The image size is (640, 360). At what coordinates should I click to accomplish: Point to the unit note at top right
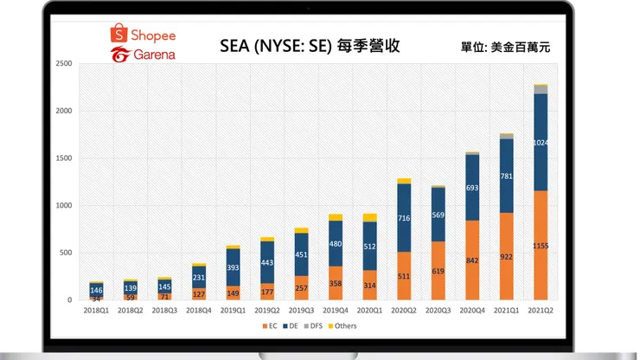coord(504,45)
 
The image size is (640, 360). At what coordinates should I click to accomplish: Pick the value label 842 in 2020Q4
coord(471,260)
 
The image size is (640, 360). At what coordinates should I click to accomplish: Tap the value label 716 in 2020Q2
coord(404,219)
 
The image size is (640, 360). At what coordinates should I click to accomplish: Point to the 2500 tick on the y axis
coord(62,64)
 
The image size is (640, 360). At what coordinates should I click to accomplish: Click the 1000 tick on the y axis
coord(62,205)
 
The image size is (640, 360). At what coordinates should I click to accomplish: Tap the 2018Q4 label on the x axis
coord(200,308)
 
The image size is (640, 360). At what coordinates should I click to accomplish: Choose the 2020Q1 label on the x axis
coord(369,308)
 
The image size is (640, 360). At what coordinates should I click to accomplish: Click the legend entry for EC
coord(271,325)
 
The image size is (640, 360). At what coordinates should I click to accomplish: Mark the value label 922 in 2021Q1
coord(506,256)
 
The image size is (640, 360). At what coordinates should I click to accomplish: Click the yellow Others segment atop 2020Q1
coord(369,217)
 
